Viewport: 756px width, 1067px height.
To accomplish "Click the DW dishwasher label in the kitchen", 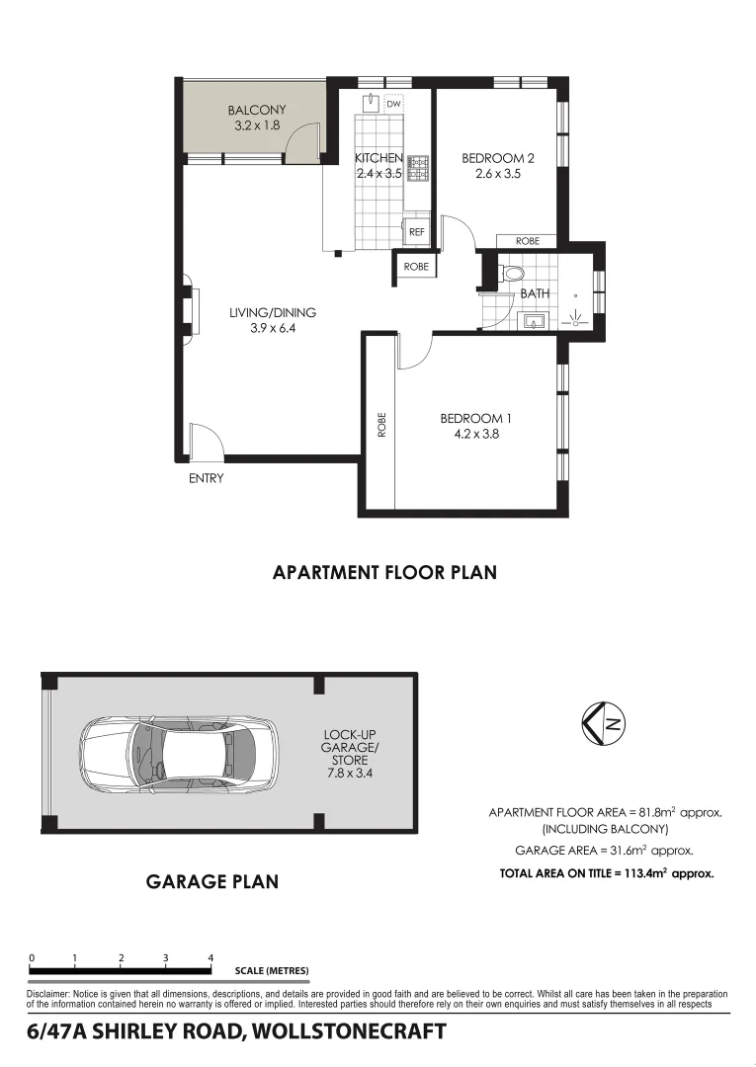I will [x=393, y=104].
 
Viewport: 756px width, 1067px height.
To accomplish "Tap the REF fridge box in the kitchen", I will [x=416, y=232].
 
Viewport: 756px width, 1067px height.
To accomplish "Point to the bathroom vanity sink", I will [x=534, y=320].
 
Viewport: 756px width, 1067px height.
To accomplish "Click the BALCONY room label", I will [x=256, y=111].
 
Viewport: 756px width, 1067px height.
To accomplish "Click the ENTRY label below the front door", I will [x=207, y=478].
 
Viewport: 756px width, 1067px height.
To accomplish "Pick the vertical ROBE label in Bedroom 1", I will [x=381, y=425].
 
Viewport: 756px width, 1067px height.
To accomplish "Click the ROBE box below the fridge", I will [x=416, y=266].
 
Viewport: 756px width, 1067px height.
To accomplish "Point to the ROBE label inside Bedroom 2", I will [x=527, y=241].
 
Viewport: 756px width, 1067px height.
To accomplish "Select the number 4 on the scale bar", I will [x=210, y=957].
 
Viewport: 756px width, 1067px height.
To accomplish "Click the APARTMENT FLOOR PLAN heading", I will [x=384, y=572].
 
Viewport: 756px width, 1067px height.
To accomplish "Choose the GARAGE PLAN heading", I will [x=211, y=881].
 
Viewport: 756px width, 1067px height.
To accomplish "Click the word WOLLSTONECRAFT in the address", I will [x=349, y=1032].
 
